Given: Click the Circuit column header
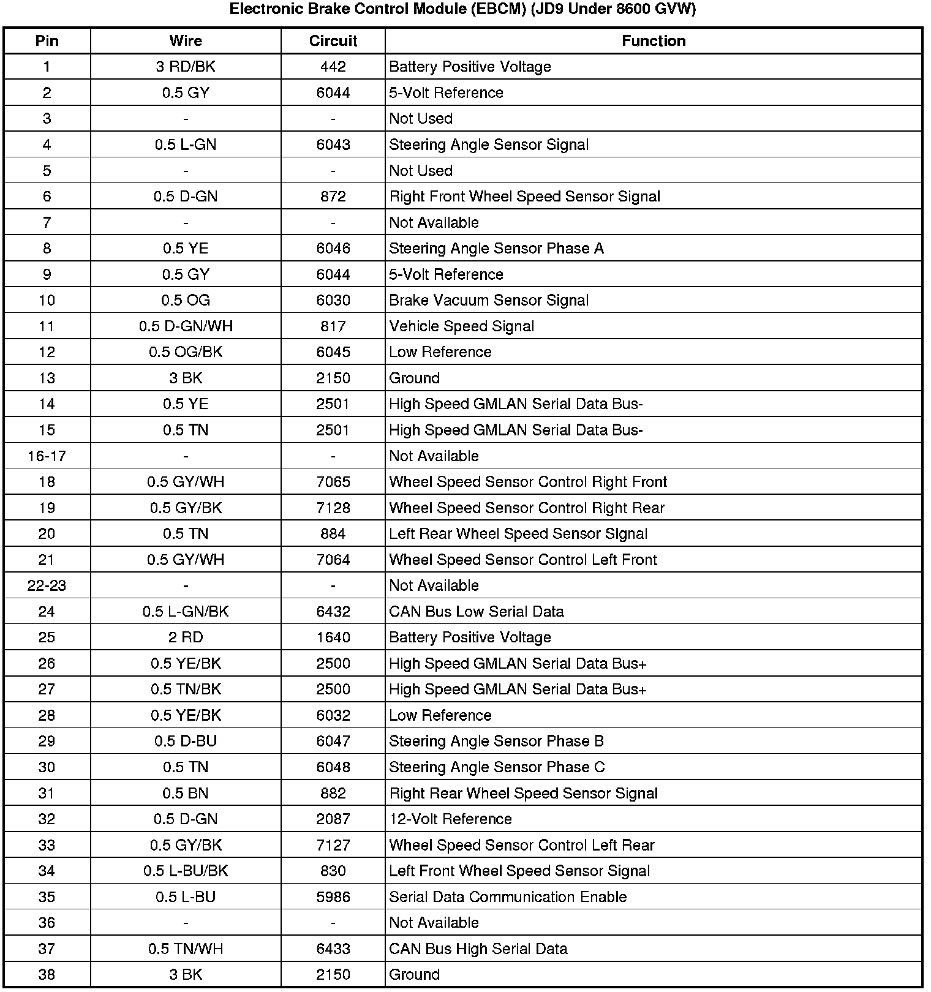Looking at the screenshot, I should point(333,41).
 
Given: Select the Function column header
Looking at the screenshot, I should point(654,41).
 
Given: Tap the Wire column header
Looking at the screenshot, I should point(186,41).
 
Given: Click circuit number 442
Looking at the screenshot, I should point(333,67).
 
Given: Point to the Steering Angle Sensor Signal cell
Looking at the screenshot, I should point(489,145).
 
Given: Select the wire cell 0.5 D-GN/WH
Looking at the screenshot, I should point(186,326).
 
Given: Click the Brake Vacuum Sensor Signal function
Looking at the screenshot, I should point(489,300).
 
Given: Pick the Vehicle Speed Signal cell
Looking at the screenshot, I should point(461,326).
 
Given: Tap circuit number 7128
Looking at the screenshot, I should point(333,508).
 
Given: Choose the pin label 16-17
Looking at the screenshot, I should point(47,456).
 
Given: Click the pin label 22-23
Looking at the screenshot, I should point(47,586).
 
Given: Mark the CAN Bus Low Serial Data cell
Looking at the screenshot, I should point(476,612).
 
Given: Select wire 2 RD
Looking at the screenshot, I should point(186,637).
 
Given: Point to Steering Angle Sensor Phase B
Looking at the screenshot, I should point(496,742).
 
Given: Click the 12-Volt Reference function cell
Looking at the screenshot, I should point(450,819).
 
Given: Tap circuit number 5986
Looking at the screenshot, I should point(333,897).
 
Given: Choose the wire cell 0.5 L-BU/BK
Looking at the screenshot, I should point(186,871).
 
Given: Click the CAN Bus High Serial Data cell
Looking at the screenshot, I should point(478,949).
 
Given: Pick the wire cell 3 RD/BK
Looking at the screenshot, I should point(186,67).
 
